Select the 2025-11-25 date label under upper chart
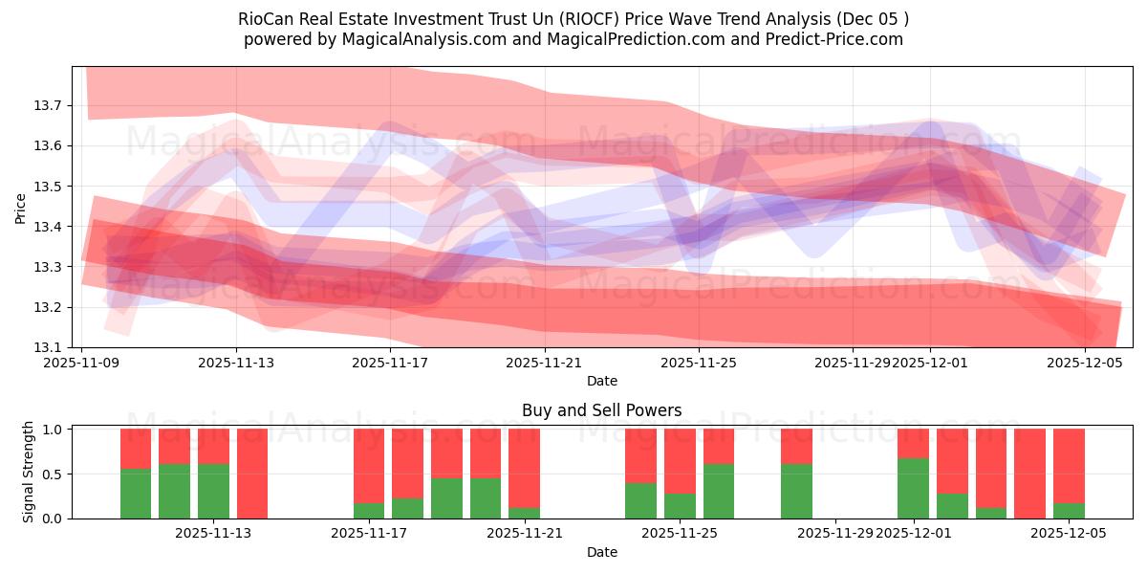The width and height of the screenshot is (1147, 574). pos(700,363)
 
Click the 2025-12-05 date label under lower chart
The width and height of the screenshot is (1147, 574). pos(1069,534)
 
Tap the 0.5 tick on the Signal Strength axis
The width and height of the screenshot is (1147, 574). pos(54,474)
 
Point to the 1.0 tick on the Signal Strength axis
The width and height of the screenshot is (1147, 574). pos(54,430)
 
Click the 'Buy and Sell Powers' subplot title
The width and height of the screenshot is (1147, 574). pos(602,411)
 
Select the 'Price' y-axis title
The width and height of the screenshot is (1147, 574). pos(21,207)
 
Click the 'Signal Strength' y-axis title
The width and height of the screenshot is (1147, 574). pos(29,473)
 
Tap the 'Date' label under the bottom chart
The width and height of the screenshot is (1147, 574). pos(602,552)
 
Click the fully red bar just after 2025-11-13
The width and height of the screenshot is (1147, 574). pos(252,474)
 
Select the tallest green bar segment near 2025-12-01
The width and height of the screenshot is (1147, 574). pos(913,488)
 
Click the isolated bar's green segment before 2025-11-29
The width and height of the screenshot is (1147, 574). pos(796,491)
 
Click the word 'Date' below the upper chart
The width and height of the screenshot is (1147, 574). pos(602,381)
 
